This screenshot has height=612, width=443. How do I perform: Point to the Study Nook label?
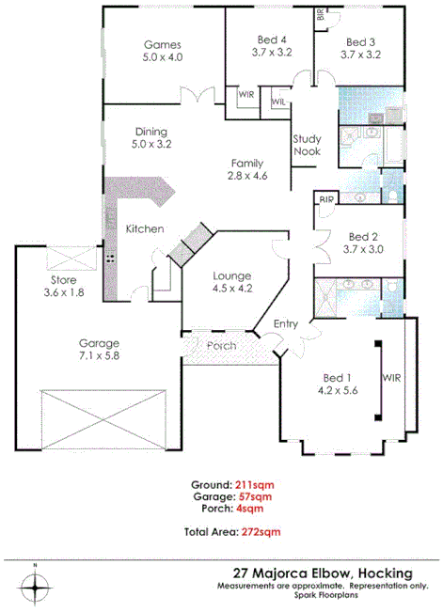tap(308, 143)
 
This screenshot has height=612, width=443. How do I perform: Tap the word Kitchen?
tap(146, 228)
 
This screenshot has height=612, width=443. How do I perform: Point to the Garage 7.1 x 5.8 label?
tap(99, 350)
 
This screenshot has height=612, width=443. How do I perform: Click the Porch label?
tap(222, 346)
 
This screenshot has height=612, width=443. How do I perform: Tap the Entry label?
tap(286, 323)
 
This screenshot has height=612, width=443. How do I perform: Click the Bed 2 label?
tap(362, 243)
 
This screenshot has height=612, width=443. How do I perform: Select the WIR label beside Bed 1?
tap(392, 378)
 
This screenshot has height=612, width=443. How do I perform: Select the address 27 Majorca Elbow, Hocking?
tap(324, 572)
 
